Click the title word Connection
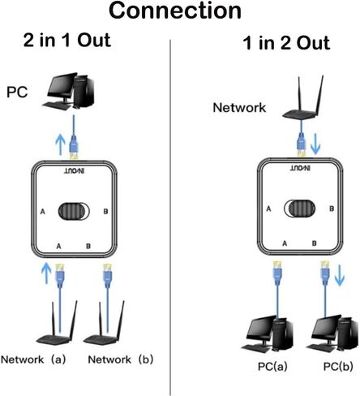pyautogui.click(x=175, y=11)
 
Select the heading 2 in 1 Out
pyautogui.click(x=67, y=41)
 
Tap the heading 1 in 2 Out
pyautogui.click(x=286, y=43)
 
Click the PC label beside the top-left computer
pyautogui.click(x=17, y=92)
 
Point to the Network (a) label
pyautogui.click(x=33, y=359)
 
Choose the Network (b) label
pyautogui.click(x=121, y=359)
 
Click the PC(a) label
pyautogui.click(x=272, y=367)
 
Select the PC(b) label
pyautogui.click(x=338, y=367)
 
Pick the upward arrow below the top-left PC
pyautogui.click(x=60, y=144)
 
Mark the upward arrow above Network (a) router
pyautogui.click(x=47, y=273)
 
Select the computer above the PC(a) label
pyautogui.click(x=270, y=334)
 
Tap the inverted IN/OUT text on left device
pyautogui.click(x=74, y=171)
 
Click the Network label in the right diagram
pyautogui.click(x=239, y=107)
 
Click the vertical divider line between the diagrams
pyautogui.click(x=170, y=217)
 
